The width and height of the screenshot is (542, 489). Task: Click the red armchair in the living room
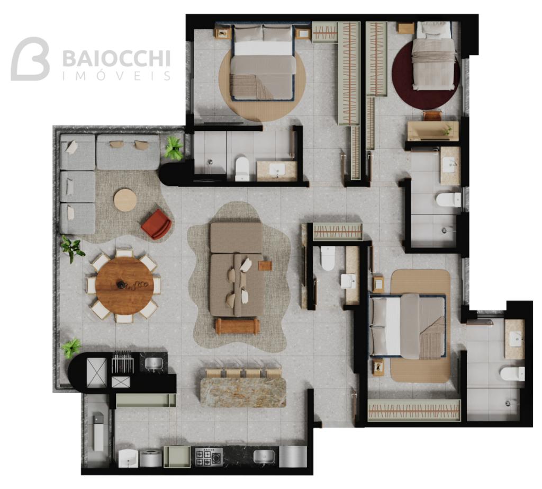(156, 224)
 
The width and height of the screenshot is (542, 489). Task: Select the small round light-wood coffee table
(125, 200)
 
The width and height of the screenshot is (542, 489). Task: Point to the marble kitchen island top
(243, 392)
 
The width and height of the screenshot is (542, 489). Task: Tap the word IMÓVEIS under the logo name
(116, 76)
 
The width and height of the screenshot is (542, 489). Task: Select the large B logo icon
(30, 59)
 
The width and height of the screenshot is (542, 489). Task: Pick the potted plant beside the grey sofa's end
(173, 148)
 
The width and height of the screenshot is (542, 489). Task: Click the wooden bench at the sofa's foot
(237, 326)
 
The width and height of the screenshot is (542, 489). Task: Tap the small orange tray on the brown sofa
(265, 266)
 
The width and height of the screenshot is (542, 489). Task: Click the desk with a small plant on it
(433, 130)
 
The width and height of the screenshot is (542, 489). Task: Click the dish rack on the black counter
(122, 362)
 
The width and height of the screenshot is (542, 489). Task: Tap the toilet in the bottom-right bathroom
(512, 374)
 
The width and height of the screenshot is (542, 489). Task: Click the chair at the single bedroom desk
(433, 115)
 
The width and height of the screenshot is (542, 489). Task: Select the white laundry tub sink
(129, 458)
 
